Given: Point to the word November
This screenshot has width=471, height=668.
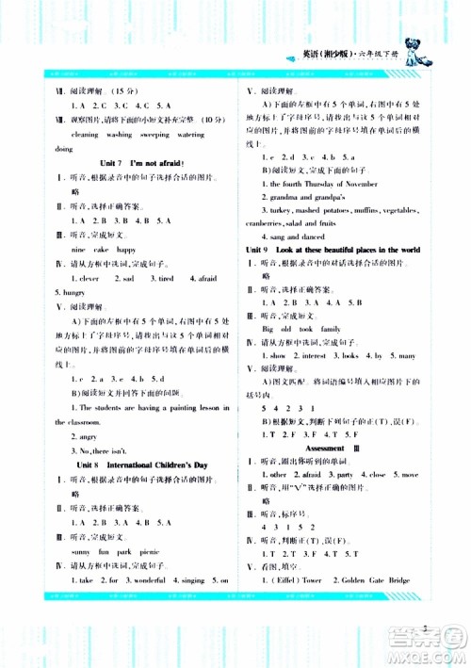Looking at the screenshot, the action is coord(358,185).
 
